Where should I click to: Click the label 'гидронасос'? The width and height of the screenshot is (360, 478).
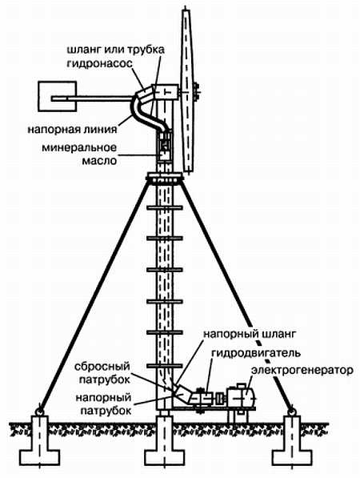(99, 63)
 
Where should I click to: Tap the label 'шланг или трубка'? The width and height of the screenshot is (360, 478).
(116, 50)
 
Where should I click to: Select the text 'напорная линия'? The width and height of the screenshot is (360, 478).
(72, 129)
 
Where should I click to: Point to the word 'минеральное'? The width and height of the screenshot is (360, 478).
(79, 147)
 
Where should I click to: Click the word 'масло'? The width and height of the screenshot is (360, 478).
(99, 161)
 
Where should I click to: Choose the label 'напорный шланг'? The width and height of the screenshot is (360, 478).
(249, 334)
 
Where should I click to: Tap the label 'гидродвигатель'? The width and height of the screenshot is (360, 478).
(256, 353)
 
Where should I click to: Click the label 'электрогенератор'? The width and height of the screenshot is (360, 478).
(302, 371)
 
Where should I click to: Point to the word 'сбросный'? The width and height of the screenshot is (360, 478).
(102, 367)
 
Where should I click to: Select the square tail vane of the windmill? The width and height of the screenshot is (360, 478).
(57, 96)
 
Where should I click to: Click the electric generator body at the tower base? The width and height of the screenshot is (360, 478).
(241, 396)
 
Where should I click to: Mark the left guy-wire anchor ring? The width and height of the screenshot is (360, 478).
(39, 412)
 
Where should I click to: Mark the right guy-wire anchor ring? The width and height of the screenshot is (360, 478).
(292, 412)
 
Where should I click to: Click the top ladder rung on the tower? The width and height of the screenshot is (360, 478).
(165, 208)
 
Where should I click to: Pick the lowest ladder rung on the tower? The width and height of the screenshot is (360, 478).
(165, 366)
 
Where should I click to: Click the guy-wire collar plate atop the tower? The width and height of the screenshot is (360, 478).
(165, 178)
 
